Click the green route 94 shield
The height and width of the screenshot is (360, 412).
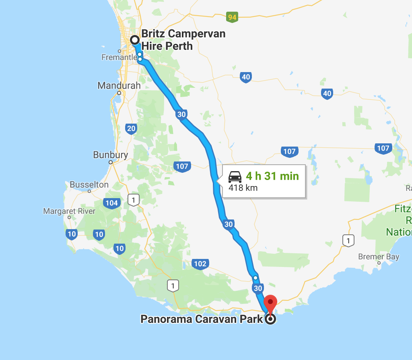[232, 17]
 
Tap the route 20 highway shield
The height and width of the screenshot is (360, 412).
[131, 128]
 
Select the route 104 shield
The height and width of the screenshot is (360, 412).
[111, 203]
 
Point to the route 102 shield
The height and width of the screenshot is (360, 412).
[200, 264]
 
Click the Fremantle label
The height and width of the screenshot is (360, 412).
[119, 58]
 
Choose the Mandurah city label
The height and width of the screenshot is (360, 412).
[119, 85]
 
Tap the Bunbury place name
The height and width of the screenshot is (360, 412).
[110, 155]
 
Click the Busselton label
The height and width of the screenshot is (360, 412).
[89, 184]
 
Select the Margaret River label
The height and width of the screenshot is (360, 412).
[69, 211]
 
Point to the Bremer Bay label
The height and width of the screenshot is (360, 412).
[379, 257]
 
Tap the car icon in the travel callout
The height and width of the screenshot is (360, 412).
[235, 176]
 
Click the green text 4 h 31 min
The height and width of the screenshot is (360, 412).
[272, 176]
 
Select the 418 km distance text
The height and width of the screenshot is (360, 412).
[243, 188]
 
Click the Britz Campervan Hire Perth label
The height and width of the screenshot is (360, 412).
[183, 39]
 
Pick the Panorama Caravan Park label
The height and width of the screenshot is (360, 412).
[202, 319]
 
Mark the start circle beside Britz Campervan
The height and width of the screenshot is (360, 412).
[134, 40]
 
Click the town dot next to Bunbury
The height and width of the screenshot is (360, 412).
[111, 162]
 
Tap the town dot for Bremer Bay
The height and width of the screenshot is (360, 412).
[379, 263]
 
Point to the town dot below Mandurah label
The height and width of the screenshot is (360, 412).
[119, 93]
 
